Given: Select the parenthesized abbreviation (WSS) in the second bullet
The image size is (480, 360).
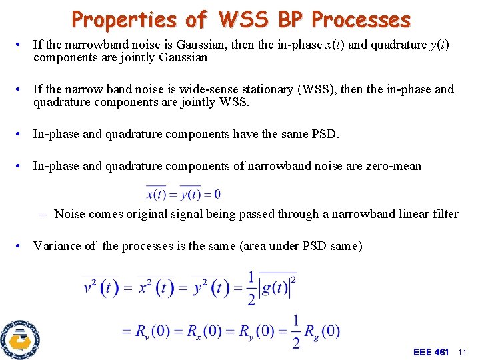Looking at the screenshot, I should point(314,89).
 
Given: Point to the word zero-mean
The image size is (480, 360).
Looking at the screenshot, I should point(393,166).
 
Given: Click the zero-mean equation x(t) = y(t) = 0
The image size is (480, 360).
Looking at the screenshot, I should point(183,194).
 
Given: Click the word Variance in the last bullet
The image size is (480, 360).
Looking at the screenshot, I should point(55,246).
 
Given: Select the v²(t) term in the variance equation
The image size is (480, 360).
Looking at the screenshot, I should point(101,287).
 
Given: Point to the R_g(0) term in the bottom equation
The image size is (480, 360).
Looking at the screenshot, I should point(322,331).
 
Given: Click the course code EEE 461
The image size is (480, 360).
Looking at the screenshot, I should point(431,351).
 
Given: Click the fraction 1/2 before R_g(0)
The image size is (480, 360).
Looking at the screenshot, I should point(295,331).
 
